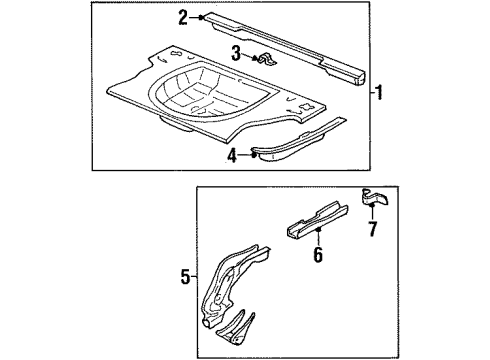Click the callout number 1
point(379,93)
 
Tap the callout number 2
point(183,16)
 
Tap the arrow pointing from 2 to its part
point(198,17)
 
